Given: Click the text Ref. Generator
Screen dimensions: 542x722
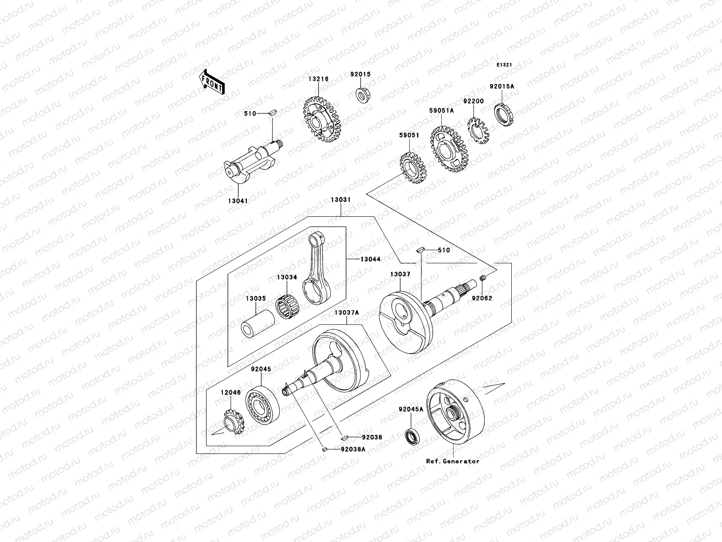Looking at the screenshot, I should [453, 461].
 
